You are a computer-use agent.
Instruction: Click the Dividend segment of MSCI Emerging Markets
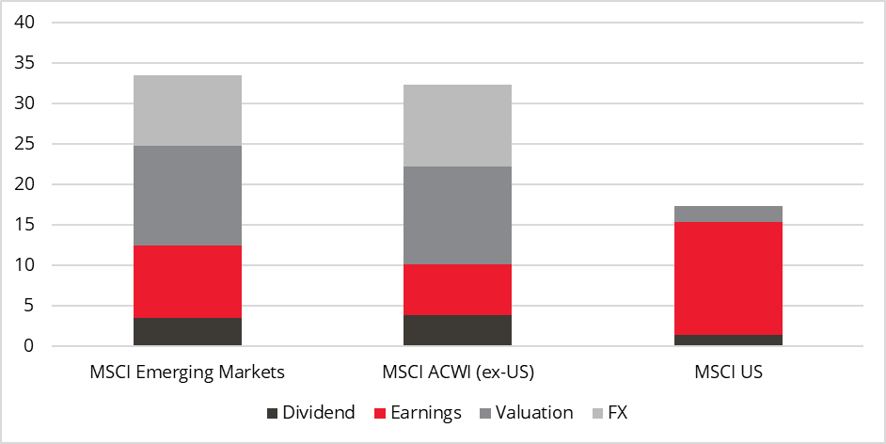tap(187, 332)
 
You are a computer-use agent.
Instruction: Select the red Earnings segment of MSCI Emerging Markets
tap(187, 281)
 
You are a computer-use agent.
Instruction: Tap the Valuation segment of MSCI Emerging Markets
tap(187, 196)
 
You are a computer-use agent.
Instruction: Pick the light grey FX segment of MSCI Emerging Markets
tap(187, 110)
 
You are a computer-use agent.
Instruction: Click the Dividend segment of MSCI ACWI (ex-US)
tap(458, 330)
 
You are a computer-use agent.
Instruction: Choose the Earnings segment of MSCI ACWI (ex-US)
tap(458, 290)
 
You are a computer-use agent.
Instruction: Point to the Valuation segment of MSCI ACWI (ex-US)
tap(458, 215)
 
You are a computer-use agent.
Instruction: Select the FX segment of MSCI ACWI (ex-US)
tap(458, 125)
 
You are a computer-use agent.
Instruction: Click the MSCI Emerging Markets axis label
tap(187, 372)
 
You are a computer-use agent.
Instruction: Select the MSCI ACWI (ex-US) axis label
tap(458, 372)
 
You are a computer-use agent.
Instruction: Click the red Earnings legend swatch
tap(380, 413)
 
